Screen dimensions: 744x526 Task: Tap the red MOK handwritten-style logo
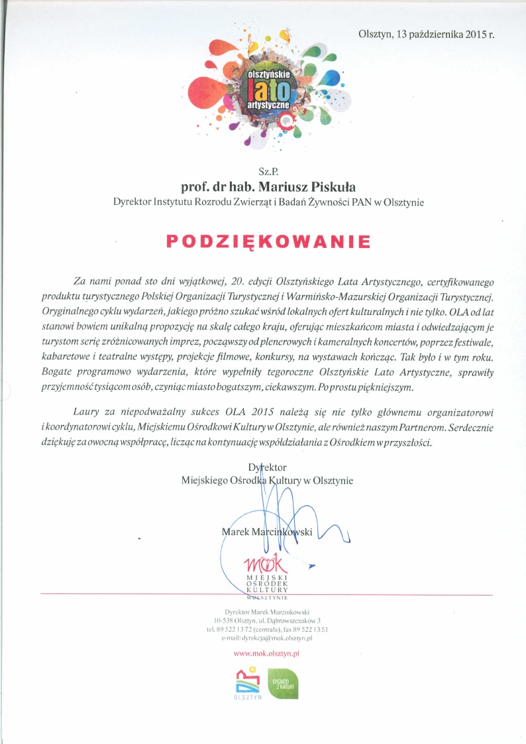[266, 565]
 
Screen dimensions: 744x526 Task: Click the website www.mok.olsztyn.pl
[267, 654]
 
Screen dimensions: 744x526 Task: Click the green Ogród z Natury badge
[282, 683]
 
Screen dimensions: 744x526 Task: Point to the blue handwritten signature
[278, 511]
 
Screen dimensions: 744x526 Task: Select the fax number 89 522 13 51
[309, 629]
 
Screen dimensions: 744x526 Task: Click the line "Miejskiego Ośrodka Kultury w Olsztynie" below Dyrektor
[267, 480]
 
